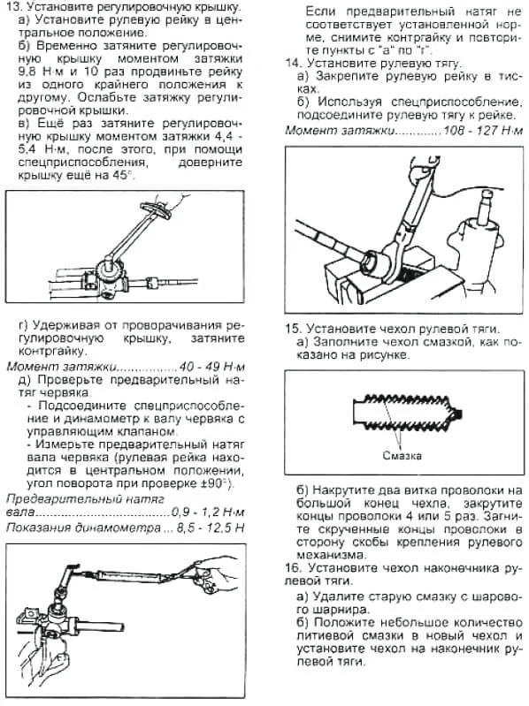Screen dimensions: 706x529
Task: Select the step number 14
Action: coord(293,62)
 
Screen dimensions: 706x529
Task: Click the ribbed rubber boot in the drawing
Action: coord(398,412)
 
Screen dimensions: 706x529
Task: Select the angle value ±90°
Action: coord(213,484)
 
